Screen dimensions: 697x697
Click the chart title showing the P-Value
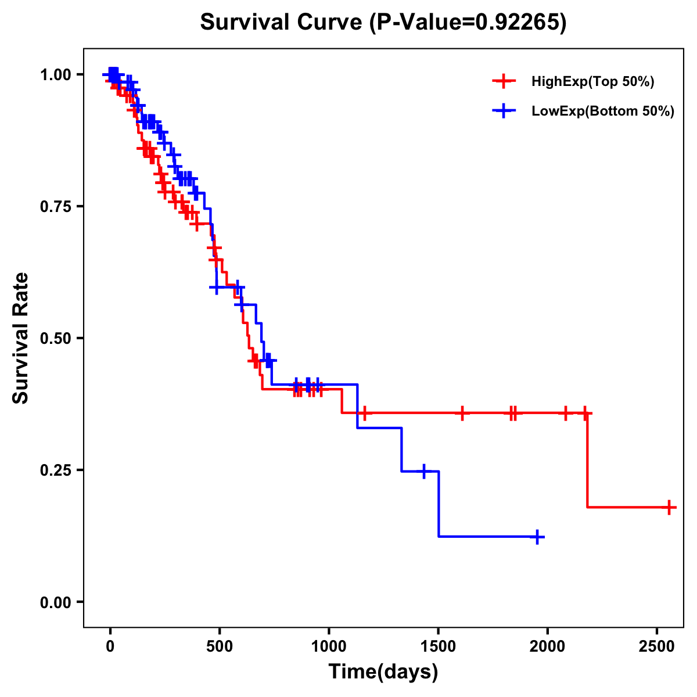[x=383, y=23]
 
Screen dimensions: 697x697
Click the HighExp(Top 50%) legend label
[x=592, y=82]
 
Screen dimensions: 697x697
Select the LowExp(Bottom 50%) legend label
[x=603, y=112]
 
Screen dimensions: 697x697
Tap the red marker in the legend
[x=504, y=81]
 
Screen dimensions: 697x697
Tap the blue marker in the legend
[x=504, y=111]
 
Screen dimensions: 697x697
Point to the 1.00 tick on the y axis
[x=55, y=74]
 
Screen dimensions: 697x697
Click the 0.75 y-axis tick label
[x=55, y=206]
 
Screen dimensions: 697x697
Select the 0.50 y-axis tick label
[x=55, y=338]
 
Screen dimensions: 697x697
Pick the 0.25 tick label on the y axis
[x=55, y=470]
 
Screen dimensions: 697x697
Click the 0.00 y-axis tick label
[x=55, y=602]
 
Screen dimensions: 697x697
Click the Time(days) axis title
[x=383, y=672]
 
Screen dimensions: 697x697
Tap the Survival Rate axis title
[x=21, y=338]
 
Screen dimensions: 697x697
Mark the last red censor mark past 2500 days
[x=669, y=507]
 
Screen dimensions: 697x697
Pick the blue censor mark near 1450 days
[x=424, y=471]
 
